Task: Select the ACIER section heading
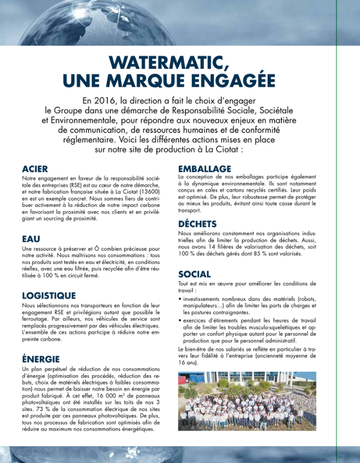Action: pyautogui.click(x=35, y=169)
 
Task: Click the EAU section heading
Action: pyautogui.click(x=31, y=239)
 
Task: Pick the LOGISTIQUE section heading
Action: pyautogui.click(x=48, y=296)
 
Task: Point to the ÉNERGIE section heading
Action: pyautogui.click(x=41, y=359)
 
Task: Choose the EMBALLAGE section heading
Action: pyautogui.click(x=205, y=169)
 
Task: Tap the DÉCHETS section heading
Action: pyautogui.click(x=197, y=224)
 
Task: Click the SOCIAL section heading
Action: pyautogui.click(x=194, y=274)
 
